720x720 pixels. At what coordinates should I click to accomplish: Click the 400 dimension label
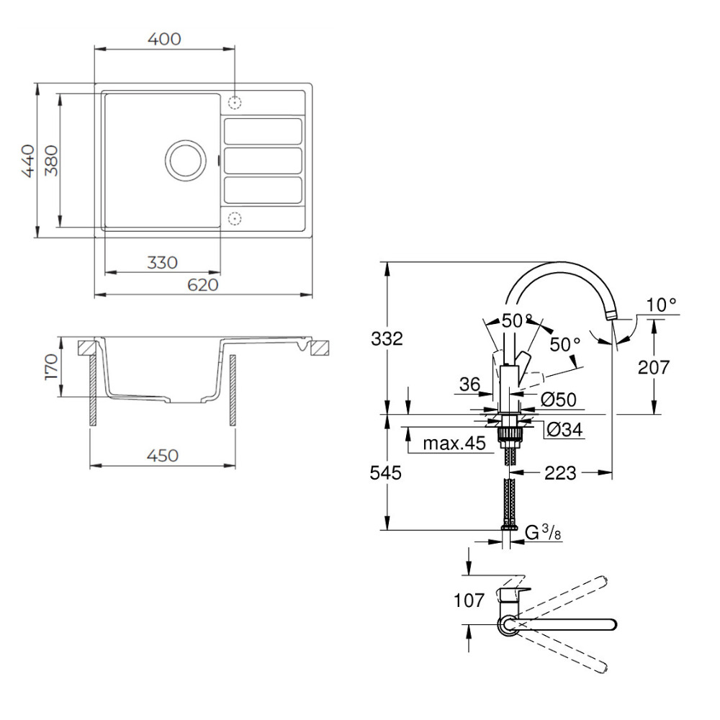(164, 39)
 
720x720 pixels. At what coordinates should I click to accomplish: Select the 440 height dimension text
(27, 161)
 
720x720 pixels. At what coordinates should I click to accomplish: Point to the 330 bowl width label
(162, 263)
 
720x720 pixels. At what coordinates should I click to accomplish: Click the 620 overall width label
(203, 285)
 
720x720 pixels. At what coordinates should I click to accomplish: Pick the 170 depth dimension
(51, 367)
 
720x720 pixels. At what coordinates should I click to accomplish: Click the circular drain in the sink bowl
(184, 159)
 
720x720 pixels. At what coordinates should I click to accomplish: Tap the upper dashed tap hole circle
(235, 102)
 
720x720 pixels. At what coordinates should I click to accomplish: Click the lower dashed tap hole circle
(235, 217)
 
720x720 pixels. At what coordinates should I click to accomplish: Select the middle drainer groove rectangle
(263, 160)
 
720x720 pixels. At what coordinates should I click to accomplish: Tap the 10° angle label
(661, 305)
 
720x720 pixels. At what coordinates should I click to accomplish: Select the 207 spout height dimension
(654, 367)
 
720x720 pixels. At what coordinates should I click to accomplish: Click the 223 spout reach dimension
(560, 472)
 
